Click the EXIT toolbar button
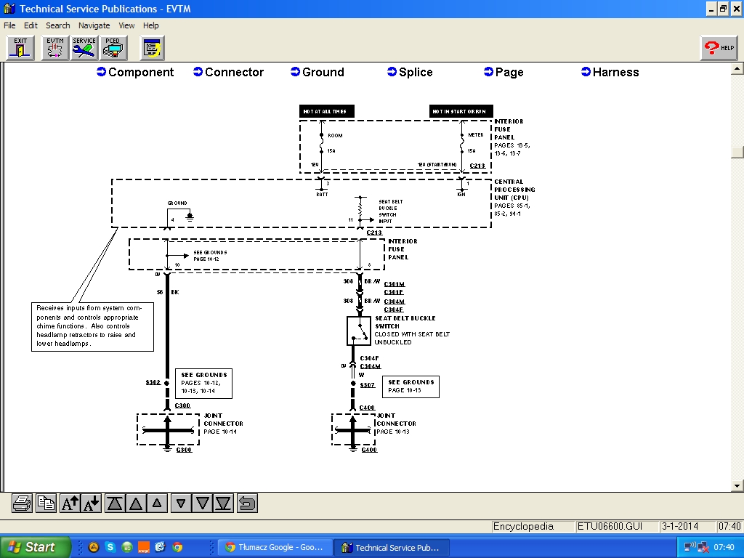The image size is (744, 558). point(20,48)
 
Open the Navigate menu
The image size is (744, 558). point(94,25)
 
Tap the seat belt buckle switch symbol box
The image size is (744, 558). point(359,331)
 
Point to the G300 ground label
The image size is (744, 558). point(184,450)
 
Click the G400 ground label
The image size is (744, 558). point(369,450)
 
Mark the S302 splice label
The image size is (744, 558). point(153,382)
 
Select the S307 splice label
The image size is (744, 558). point(367,385)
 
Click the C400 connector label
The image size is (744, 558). point(367,408)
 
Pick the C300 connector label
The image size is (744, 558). point(182,405)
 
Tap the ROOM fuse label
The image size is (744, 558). point(335,136)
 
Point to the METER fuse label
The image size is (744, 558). point(476,134)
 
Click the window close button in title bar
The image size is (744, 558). point(735,9)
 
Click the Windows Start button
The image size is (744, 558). point(35,547)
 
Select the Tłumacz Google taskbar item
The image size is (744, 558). point(275,547)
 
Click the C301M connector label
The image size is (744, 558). point(394,284)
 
